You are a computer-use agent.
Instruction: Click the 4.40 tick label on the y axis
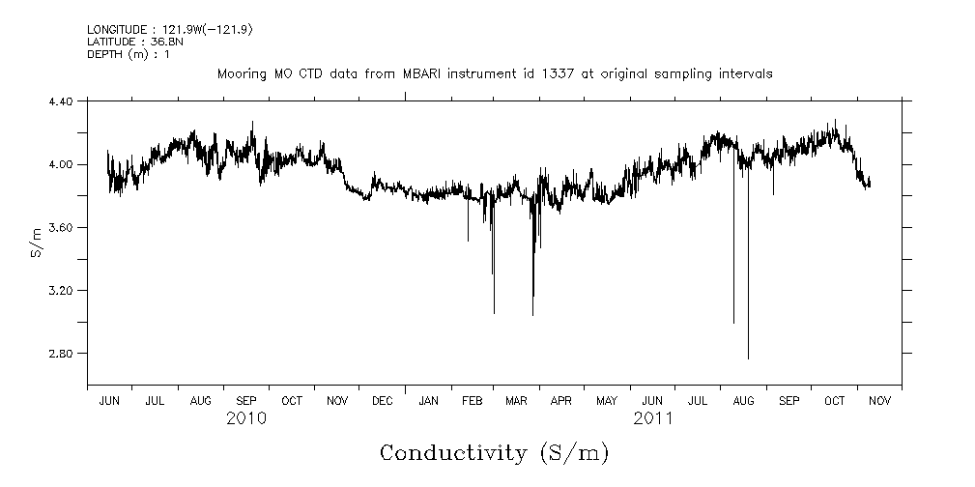tap(61, 100)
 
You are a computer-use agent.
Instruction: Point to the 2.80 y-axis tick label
tap(61, 353)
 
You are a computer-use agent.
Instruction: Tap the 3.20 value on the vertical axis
tap(61, 290)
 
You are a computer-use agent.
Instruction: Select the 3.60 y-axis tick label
tap(61, 227)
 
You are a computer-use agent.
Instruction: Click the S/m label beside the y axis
tap(36, 241)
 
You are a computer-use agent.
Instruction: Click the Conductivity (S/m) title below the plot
tap(494, 452)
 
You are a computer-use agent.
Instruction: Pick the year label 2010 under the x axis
tap(246, 418)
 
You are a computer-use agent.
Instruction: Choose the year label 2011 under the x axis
tap(652, 418)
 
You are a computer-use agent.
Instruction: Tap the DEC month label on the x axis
tap(383, 400)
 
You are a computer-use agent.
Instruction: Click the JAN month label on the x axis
tap(427, 400)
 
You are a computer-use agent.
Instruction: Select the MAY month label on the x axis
tap(607, 400)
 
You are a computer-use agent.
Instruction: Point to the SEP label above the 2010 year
tap(246, 400)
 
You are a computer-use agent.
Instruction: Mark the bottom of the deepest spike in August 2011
tap(748, 358)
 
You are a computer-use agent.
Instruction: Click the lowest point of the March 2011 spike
tap(532, 315)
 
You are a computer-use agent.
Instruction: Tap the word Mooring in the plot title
tap(239, 73)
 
